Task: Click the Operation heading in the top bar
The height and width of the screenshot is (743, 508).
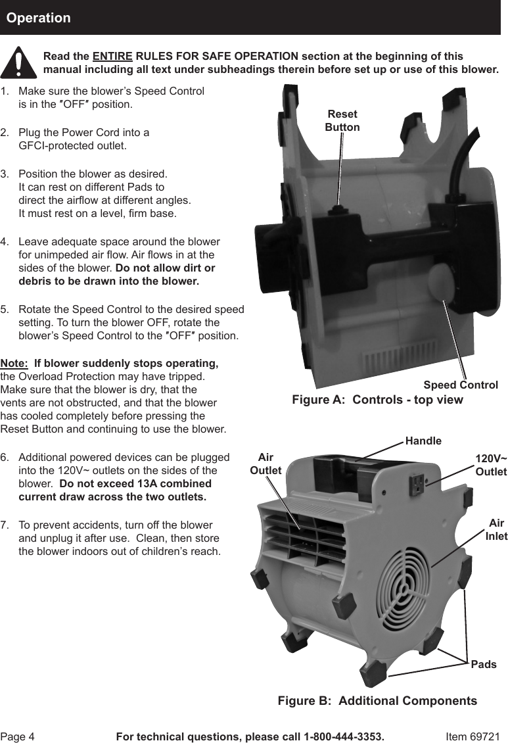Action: (x=38, y=18)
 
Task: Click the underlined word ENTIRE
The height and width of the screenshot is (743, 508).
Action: (x=112, y=56)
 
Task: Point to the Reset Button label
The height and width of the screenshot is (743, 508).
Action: (x=342, y=121)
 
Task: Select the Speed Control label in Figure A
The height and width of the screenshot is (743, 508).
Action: (x=460, y=385)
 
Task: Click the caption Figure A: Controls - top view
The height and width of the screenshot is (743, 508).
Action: (x=377, y=400)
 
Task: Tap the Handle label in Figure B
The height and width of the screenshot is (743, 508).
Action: (x=423, y=441)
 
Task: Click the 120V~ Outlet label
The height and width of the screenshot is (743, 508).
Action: (x=491, y=465)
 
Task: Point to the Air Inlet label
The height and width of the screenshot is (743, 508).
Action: (x=496, y=529)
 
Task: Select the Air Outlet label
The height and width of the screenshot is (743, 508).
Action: (x=266, y=464)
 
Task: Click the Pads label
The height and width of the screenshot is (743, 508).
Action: (x=484, y=665)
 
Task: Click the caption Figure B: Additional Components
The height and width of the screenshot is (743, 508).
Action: (x=377, y=701)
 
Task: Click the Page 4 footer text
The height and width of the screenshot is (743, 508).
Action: (x=18, y=736)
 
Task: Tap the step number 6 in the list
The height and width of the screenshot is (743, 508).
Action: (x=5, y=457)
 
